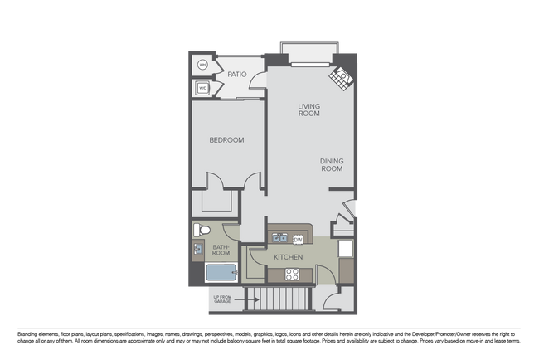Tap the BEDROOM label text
pyautogui.click(x=226, y=140)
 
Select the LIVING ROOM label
pyautogui.click(x=308, y=109)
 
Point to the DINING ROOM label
pyautogui.click(x=332, y=164)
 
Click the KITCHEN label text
pyautogui.click(x=288, y=258)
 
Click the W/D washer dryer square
pyautogui.click(x=202, y=87)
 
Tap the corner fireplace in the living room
pyautogui.click(x=341, y=79)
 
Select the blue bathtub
pyautogui.click(x=221, y=274)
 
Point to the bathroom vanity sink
pyautogui.click(x=198, y=249)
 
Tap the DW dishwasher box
pyautogui.click(x=298, y=240)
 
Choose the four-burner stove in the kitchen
pyautogui.click(x=293, y=275)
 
